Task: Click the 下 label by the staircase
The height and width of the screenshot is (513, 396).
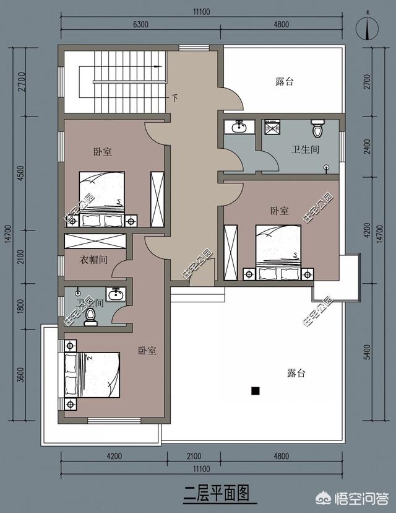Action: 175,99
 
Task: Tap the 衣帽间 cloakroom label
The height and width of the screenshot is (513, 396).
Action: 94,260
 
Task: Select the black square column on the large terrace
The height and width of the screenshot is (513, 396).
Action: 254,391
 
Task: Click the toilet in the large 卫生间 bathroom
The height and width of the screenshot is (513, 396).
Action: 318,128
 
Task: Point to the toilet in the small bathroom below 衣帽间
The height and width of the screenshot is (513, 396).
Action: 91,317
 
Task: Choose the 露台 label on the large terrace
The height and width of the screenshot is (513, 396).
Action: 296,373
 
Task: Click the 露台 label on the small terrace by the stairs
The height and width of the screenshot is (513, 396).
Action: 284,81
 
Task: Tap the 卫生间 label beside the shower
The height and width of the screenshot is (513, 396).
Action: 305,149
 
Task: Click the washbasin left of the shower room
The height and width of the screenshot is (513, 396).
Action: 239,127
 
